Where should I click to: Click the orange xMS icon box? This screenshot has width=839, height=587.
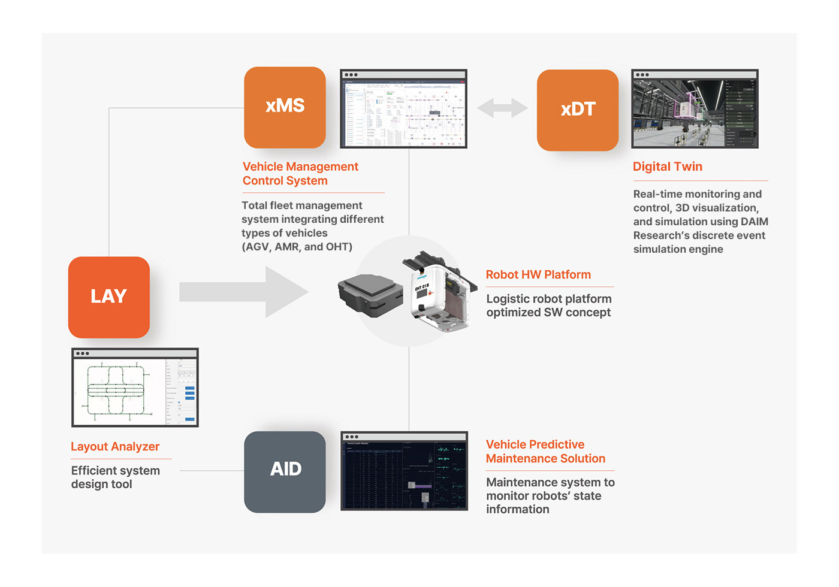click(x=285, y=107)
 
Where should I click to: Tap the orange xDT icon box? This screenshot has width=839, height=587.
click(x=578, y=110)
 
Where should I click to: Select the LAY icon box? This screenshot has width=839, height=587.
click(x=109, y=297)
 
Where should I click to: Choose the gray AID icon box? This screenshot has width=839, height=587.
click(x=285, y=471)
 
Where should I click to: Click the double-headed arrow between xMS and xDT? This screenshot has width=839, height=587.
click(x=502, y=108)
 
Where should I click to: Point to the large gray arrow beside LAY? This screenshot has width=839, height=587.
click(x=243, y=292)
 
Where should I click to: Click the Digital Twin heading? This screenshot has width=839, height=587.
click(x=668, y=167)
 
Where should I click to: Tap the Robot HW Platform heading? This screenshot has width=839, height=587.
click(x=538, y=275)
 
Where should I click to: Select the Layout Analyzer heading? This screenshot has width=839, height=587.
click(x=115, y=447)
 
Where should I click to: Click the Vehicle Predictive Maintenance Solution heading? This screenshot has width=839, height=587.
click(x=545, y=452)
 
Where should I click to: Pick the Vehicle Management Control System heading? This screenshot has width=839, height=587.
click(x=300, y=174)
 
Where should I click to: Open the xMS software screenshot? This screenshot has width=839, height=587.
click(x=403, y=109)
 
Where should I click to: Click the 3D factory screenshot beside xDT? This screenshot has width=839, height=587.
click(x=695, y=109)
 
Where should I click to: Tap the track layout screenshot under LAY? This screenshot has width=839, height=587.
click(x=135, y=388)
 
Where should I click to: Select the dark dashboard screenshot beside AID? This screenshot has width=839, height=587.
click(x=404, y=471)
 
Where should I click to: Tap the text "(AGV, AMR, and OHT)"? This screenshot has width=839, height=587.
click(x=297, y=247)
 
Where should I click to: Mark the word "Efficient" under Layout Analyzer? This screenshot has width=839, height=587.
click(x=95, y=471)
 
